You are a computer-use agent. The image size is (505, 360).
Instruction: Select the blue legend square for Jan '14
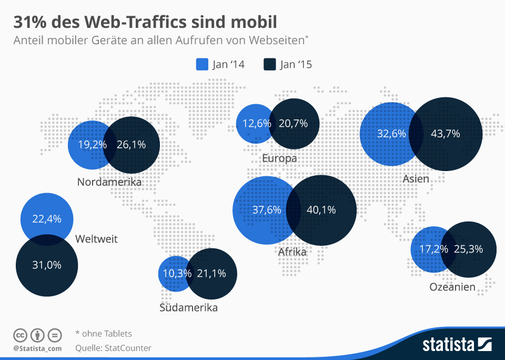(x=203, y=64)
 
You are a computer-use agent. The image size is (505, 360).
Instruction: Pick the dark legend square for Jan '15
(x=269, y=64)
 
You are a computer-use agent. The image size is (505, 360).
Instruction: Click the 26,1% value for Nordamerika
(x=131, y=145)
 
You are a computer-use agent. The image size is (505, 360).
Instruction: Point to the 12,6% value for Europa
(x=257, y=124)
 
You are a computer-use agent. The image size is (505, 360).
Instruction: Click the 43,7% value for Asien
(x=446, y=134)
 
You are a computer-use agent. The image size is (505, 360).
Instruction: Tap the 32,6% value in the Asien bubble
(x=391, y=134)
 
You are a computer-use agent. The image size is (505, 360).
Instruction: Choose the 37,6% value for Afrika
(x=267, y=209)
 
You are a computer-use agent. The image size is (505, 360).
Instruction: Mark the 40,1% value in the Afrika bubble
(x=321, y=209)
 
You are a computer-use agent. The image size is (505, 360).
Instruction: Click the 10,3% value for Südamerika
(x=174, y=273)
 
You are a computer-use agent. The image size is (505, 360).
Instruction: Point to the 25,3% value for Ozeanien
(x=468, y=249)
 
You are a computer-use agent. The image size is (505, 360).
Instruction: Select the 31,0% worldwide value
(x=47, y=265)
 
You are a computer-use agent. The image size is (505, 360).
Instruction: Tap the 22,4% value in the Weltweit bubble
(x=47, y=218)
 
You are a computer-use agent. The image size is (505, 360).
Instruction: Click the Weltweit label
(x=96, y=239)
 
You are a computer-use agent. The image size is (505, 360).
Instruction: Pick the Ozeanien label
(x=452, y=287)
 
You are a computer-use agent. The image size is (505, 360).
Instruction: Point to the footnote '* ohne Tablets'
(x=104, y=333)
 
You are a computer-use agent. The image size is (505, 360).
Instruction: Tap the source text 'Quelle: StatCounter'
(x=113, y=347)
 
